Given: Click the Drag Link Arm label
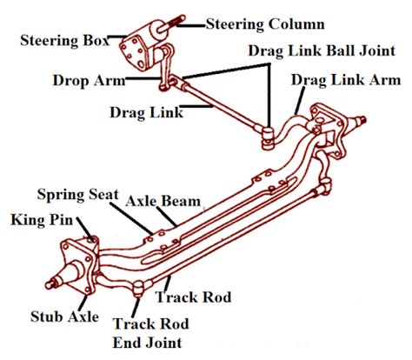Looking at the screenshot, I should click(346, 80).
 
